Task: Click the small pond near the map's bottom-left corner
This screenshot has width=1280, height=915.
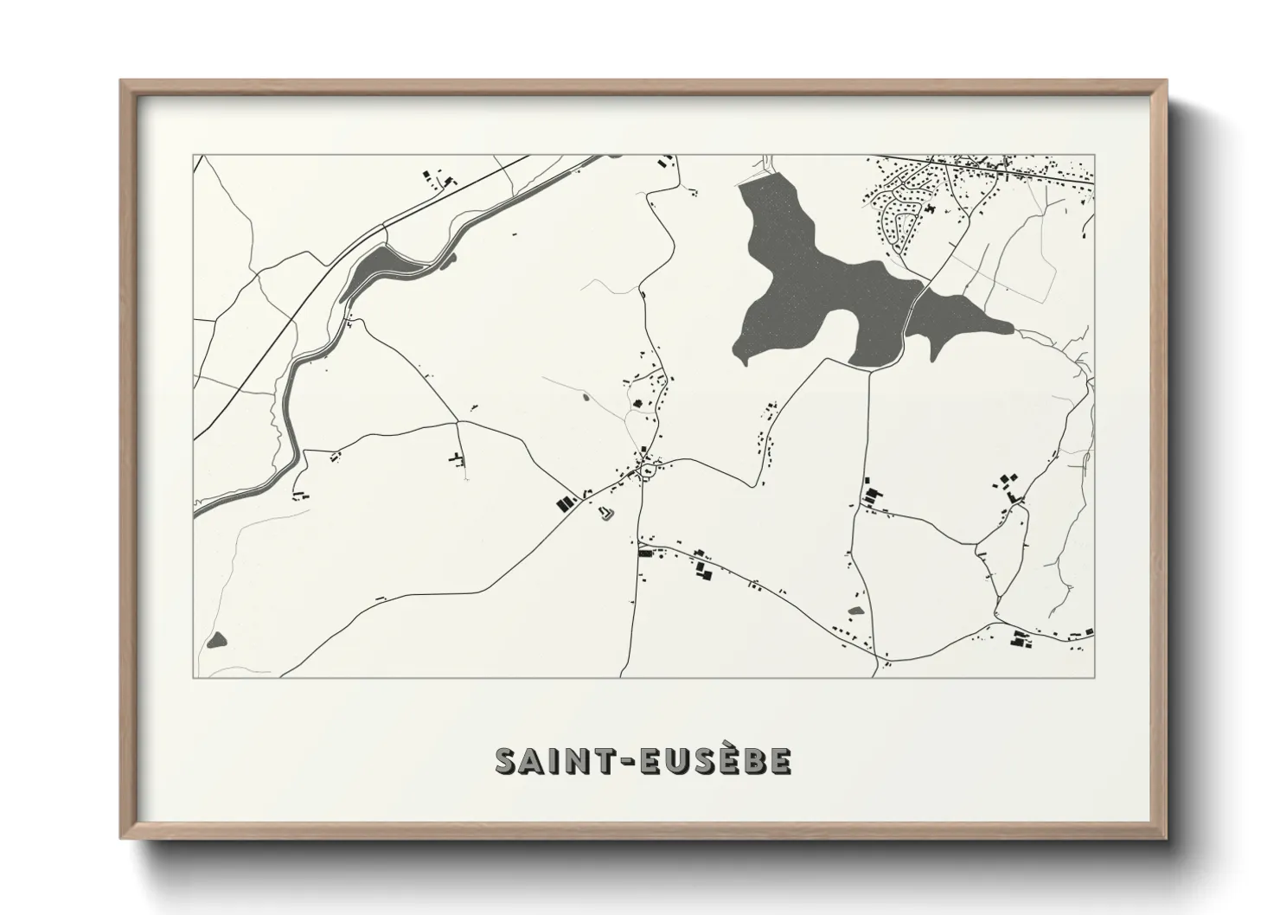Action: (x=215, y=640)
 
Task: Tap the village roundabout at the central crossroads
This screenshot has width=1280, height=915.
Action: (x=647, y=470)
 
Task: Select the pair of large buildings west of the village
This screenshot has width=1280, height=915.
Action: (x=565, y=503)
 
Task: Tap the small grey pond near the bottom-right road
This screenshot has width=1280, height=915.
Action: (x=856, y=611)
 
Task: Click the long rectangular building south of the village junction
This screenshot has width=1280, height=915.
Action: (x=644, y=553)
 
